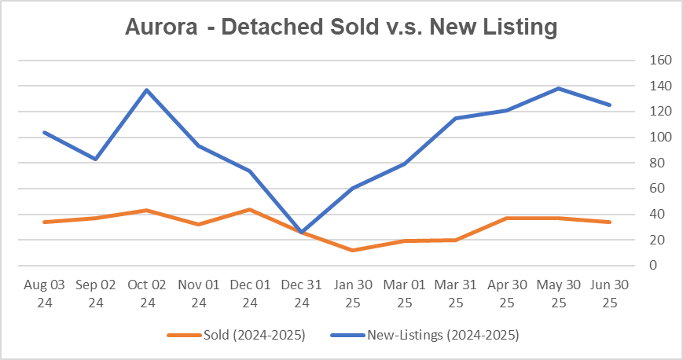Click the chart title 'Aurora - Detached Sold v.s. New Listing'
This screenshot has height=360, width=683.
tap(341, 26)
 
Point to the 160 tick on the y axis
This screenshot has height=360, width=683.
tap(659, 60)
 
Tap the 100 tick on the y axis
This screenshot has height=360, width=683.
tap(659, 137)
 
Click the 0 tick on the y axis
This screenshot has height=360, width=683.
tap(652, 266)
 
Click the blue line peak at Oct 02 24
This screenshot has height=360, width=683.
tap(147, 90)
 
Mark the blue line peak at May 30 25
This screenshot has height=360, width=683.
tap(558, 88)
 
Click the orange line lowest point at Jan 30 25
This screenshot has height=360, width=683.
tap(352, 250)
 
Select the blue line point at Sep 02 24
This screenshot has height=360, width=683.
tap(96, 159)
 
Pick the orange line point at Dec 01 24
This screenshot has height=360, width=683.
tap(250, 209)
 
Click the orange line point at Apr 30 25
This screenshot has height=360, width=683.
tap(507, 218)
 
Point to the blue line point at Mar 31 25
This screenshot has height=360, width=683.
tap(455, 118)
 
